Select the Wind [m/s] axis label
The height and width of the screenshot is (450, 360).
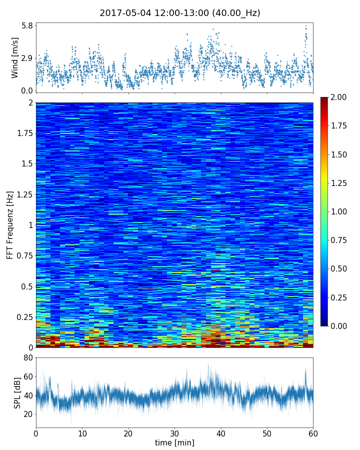point(15,57)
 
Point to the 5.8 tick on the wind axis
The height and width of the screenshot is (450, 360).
point(27,25)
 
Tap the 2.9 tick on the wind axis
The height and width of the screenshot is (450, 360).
point(27,58)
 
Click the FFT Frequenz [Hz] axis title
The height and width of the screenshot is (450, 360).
point(10,225)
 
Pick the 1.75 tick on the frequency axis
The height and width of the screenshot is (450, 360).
point(23,133)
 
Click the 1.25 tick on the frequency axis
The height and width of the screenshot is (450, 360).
point(23,194)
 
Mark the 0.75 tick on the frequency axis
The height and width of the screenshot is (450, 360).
point(23,256)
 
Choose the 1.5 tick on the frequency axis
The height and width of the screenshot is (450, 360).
point(25,164)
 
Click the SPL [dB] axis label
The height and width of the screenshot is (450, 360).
point(17,392)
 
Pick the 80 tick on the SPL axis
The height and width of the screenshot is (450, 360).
point(27,357)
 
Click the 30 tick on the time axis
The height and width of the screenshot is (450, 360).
point(174,432)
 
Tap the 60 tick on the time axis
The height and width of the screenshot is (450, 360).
point(313,432)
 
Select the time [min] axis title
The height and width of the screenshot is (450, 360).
point(174,442)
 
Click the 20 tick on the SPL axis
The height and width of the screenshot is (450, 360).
point(27,414)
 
